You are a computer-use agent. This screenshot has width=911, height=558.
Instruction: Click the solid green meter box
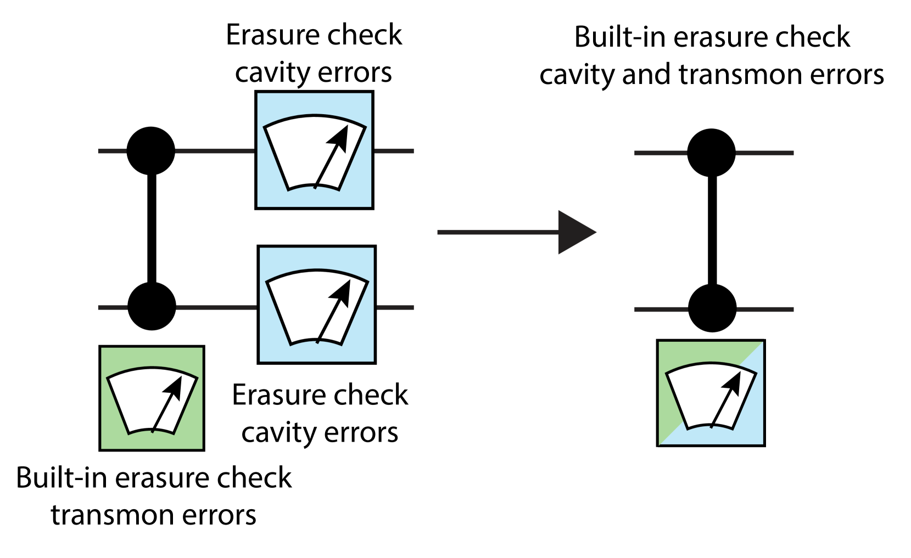point(152,398)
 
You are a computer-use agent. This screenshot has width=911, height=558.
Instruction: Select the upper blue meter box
point(314,150)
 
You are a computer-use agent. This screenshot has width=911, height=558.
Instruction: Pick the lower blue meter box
point(316,305)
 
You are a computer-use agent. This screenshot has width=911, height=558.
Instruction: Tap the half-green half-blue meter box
point(711,393)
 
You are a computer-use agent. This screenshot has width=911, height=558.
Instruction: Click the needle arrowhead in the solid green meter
point(175,386)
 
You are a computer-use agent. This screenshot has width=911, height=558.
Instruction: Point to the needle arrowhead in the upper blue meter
point(340,137)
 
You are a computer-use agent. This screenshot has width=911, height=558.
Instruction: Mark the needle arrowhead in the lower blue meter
point(343,291)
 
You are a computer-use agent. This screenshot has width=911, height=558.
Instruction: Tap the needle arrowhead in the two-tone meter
point(734,382)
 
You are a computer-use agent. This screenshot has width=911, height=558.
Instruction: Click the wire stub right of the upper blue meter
point(394,151)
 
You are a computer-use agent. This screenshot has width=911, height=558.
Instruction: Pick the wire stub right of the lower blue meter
point(395,308)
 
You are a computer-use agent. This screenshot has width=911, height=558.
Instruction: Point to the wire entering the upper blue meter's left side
point(214,151)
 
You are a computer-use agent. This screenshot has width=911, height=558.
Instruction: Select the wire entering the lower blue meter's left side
point(216,308)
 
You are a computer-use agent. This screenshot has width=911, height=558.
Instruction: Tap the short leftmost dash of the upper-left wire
point(112,151)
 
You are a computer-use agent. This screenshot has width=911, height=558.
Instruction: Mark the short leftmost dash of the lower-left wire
point(113,308)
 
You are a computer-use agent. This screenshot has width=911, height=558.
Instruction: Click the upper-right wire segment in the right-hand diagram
point(765,153)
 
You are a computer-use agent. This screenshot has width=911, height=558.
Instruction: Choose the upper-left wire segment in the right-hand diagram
point(661,153)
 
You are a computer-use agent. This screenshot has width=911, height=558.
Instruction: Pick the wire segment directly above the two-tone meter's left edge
point(661,309)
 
